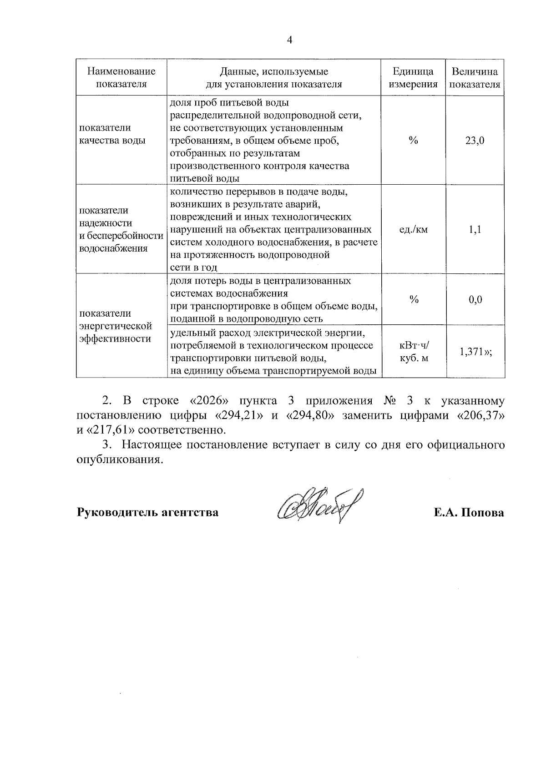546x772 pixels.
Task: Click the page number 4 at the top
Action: coord(289,40)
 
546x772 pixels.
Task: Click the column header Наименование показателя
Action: coord(121,77)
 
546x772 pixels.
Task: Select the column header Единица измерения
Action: coord(413,77)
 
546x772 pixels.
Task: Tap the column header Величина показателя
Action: coord(475,77)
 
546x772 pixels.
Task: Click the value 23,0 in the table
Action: coord(475,141)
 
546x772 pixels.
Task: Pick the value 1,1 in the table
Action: coord(475,230)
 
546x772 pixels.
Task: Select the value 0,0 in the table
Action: coord(475,300)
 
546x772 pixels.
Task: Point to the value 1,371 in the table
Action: coord(472,352)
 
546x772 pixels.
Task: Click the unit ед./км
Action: coord(413,230)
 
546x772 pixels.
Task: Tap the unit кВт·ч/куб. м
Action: coord(413,352)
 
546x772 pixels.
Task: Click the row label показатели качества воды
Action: coord(112,134)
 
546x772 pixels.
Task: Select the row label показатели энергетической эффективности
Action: coord(115,326)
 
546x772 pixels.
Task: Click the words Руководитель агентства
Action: coord(148,513)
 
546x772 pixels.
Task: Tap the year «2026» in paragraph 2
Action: coord(207,401)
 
